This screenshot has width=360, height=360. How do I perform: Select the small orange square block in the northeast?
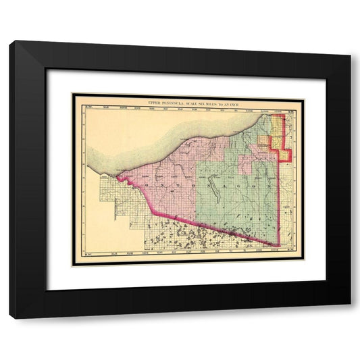pyautogui.click(x=261, y=143)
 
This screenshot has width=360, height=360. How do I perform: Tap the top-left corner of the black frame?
pyautogui.click(x=10, y=42)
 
